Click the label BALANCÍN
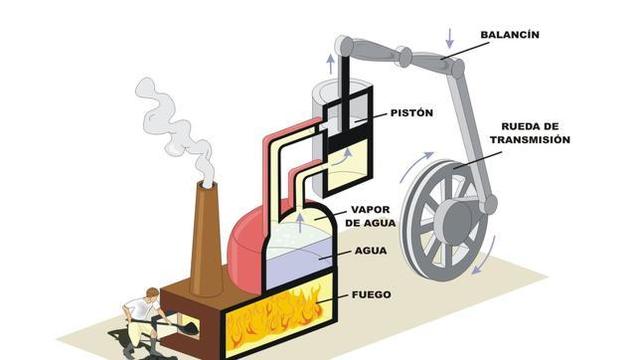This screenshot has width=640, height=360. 509,34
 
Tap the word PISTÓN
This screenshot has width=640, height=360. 411,113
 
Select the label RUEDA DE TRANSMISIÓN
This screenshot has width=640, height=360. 535,133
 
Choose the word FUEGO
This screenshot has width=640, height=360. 372,295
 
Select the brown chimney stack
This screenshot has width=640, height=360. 206,240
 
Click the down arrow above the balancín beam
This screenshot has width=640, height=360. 449,38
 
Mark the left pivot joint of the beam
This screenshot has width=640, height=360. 345,46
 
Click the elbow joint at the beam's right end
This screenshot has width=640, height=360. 457,69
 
